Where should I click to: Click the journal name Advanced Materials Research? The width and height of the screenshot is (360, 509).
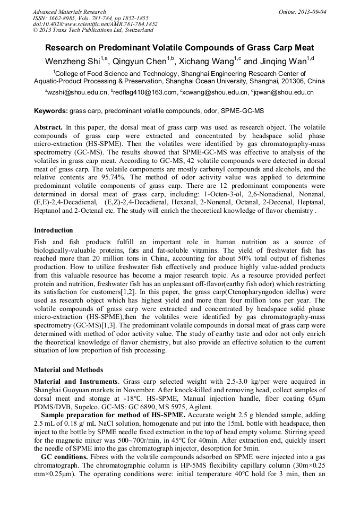(x=69, y=12)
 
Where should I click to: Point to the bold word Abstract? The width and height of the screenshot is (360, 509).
(x=48, y=128)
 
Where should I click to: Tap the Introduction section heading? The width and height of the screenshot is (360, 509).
(x=54, y=230)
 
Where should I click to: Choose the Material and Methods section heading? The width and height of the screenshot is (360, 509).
(x=68, y=369)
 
